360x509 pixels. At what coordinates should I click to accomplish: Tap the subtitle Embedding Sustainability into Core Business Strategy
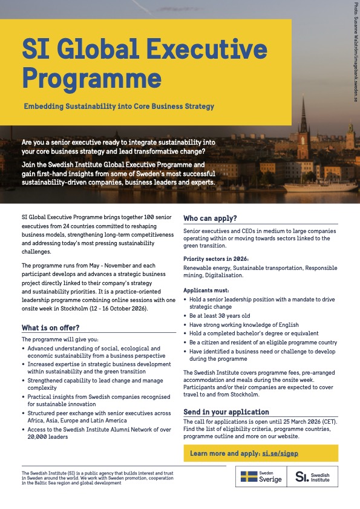coord(119,107)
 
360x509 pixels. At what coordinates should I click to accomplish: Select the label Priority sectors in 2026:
coord(216,259)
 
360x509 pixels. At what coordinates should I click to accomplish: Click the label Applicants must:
coord(208,291)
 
